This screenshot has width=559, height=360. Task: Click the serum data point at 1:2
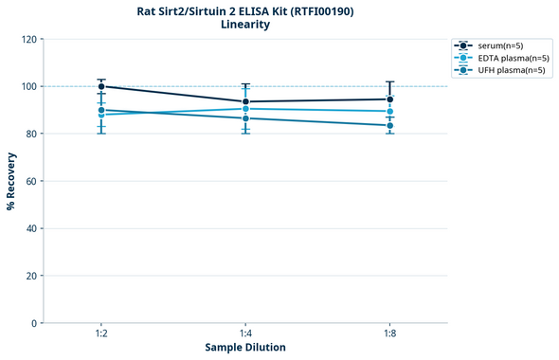pos(101,86)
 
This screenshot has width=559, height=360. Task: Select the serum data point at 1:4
pos(245,101)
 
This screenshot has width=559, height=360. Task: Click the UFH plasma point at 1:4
pos(245,118)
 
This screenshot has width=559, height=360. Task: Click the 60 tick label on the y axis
pos(30,181)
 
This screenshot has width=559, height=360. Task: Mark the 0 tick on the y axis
pos(33,323)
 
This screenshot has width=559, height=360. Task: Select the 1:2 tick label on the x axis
pos(101,334)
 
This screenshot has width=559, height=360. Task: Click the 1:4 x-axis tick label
pos(245,334)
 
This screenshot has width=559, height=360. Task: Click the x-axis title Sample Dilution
pos(245,348)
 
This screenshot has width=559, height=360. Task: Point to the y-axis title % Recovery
pos(11,181)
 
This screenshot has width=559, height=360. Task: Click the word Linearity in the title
pos(245,25)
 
